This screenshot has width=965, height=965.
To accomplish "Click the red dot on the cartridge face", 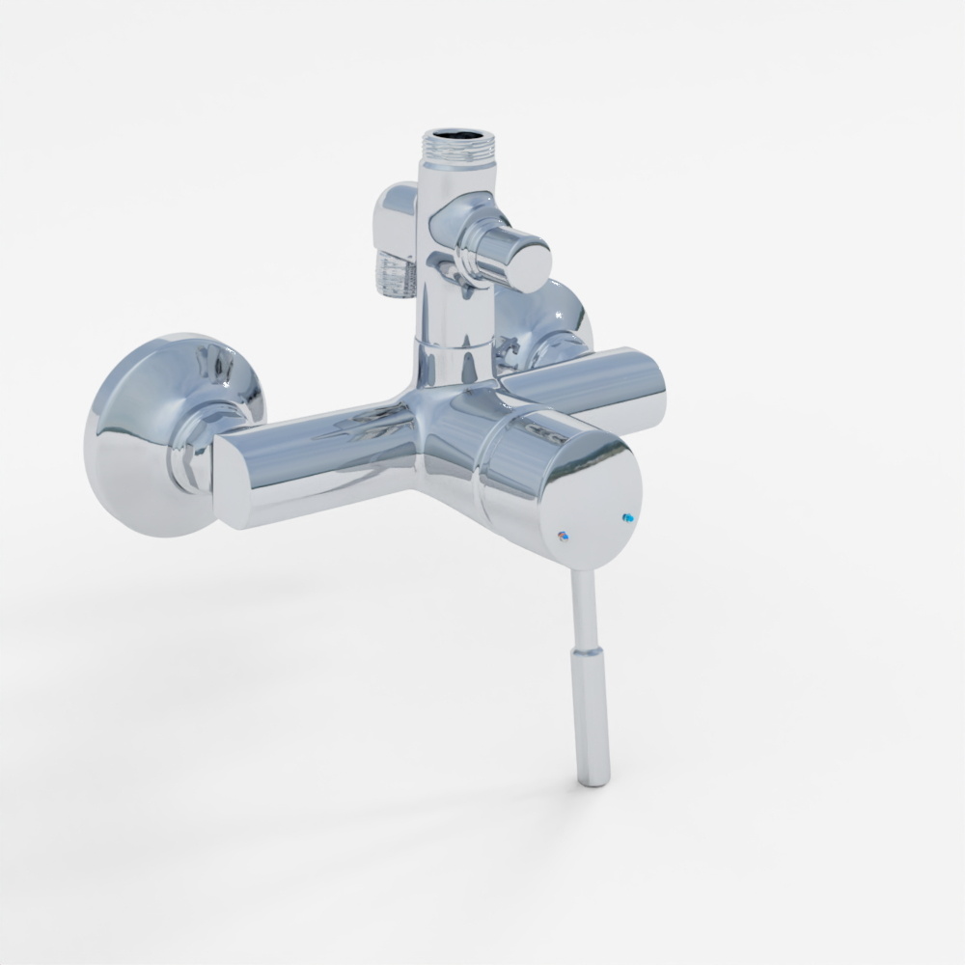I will [565, 534].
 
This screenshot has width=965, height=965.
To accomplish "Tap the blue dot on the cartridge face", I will [630, 518].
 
